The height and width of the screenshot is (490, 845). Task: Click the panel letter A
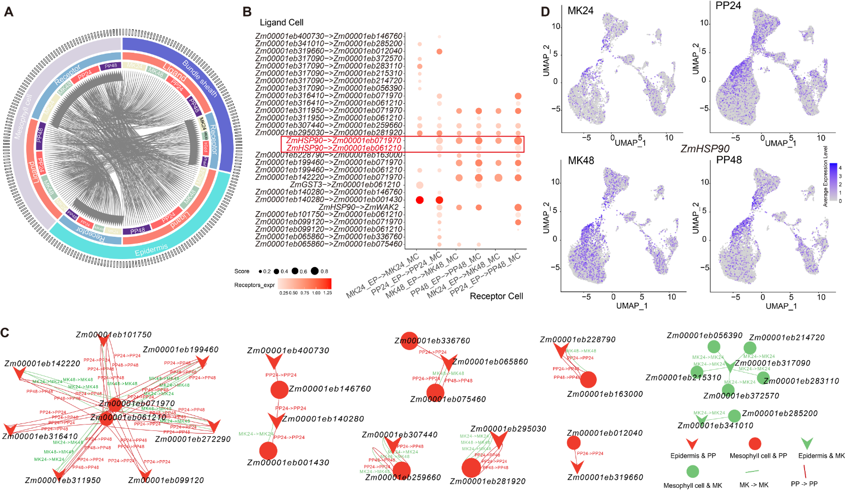(9, 11)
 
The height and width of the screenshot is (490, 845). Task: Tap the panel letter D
(546, 11)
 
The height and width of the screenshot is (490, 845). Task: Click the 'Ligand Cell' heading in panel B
(281, 22)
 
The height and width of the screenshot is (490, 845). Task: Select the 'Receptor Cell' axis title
(496, 296)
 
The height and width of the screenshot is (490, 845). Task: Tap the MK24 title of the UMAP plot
(580, 11)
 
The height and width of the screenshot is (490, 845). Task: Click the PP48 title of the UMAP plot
(729, 160)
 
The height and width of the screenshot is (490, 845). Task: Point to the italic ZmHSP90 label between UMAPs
(704, 149)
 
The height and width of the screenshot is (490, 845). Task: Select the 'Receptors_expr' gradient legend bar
(305, 284)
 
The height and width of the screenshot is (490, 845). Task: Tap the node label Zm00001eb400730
(288, 351)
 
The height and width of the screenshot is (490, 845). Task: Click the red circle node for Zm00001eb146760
(279, 390)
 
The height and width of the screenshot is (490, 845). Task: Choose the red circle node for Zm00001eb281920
(471, 468)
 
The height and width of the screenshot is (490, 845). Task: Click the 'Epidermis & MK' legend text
(821, 456)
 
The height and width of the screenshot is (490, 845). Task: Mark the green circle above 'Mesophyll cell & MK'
(692, 471)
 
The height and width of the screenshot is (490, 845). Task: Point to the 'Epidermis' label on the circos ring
(151, 250)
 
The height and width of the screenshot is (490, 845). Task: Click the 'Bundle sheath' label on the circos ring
(200, 79)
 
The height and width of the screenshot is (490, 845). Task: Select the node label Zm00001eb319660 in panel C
(605, 477)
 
